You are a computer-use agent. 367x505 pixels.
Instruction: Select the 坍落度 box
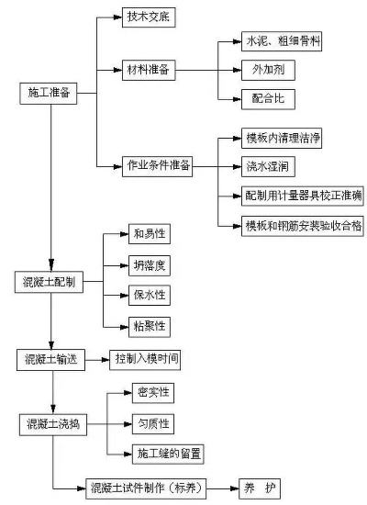[x=150, y=267]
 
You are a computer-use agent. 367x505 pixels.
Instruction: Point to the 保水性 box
[x=150, y=296]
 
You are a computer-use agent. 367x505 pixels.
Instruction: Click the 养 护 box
[x=261, y=486]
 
